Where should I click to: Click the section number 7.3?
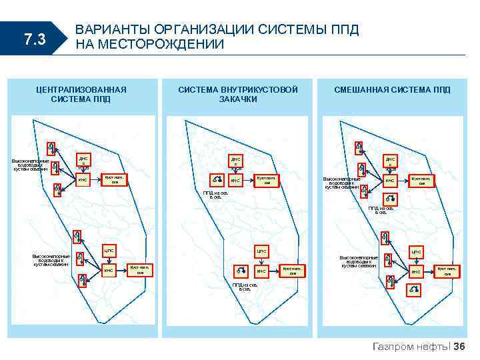pyautogui.click(x=34, y=40)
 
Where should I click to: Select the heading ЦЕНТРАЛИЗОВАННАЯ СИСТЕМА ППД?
pyautogui.click(x=81, y=94)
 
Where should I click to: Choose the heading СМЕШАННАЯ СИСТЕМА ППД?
pyautogui.click(x=392, y=89)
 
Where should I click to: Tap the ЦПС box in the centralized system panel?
pyautogui.click(x=109, y=251)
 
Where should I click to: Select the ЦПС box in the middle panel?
pyautogui.click(x=261, y=251)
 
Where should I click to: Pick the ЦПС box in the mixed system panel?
pyautogui.click(x=415, y=252)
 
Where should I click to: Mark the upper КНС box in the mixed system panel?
pyautogui.click(x=390, y=181)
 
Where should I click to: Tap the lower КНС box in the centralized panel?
pyautogui.click(x=109, y=271)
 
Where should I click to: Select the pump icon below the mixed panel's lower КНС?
pyautogui.click(x=414, y=289)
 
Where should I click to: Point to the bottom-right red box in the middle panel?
pyautogui.click(x=292, y=271)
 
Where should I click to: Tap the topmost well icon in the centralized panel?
pyautogui.click(x=51, y=147)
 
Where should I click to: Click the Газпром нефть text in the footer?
pyautogui.click(x=411, y=346)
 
